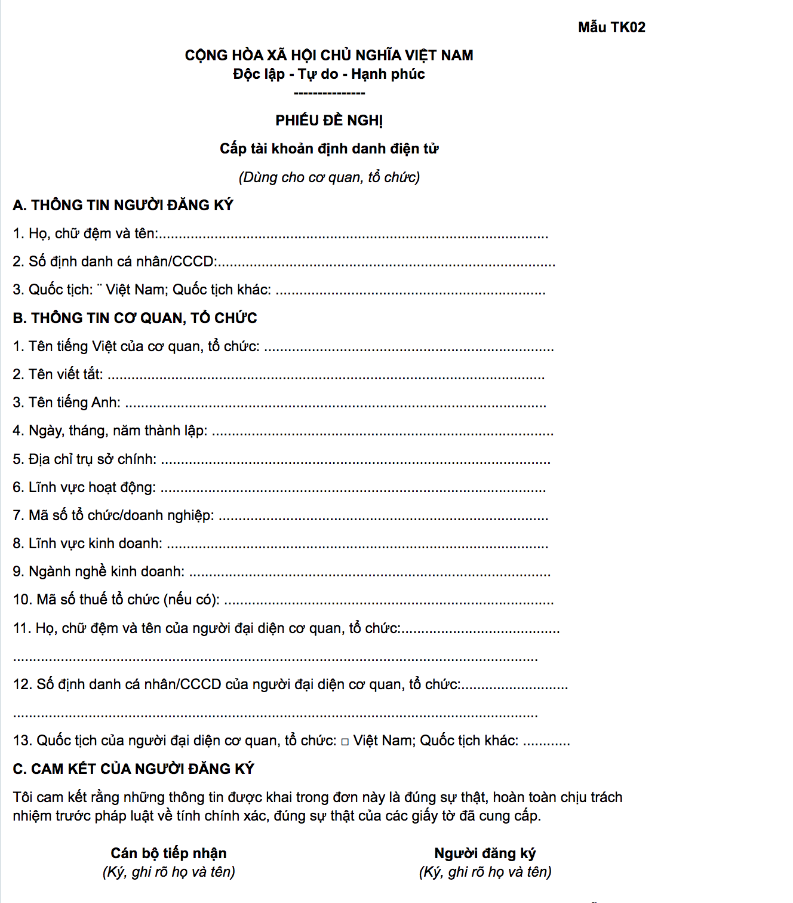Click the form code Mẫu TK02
tap(611, 27)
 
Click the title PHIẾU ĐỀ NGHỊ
tap(329, 121)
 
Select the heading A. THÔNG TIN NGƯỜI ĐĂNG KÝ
tap(123, 205)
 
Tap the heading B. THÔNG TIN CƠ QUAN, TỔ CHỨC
tap(135, 318)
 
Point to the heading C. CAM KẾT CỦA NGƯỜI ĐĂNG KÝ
tap(134, 769)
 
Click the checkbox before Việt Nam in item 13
tap(345, 742)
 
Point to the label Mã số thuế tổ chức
tap(116, 600)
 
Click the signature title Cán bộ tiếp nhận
tap(168, 853)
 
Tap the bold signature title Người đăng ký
tap(485, 853)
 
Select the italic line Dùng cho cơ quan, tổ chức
tap(329, 177)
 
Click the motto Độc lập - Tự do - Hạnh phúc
tap(329, 74)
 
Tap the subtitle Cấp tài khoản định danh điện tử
tap(329, 149)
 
